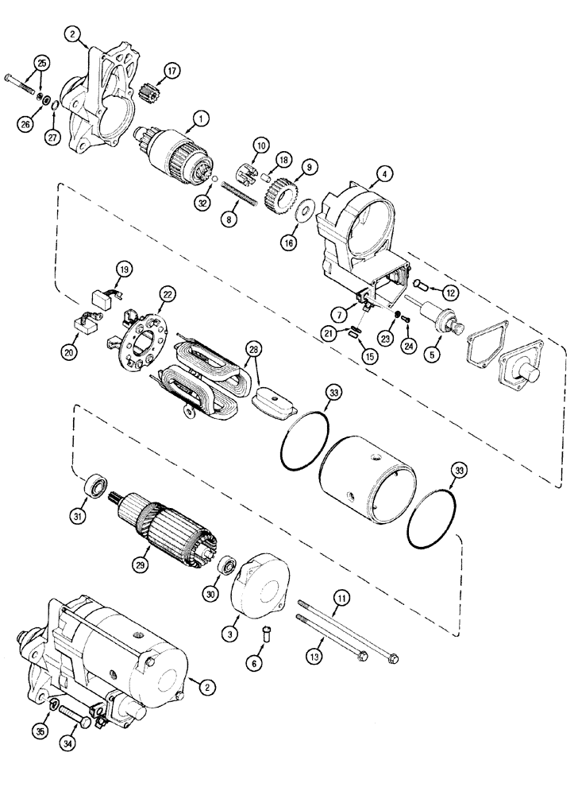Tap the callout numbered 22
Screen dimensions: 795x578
(x=166, y=294)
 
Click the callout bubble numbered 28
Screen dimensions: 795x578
(x=254, y=351)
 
